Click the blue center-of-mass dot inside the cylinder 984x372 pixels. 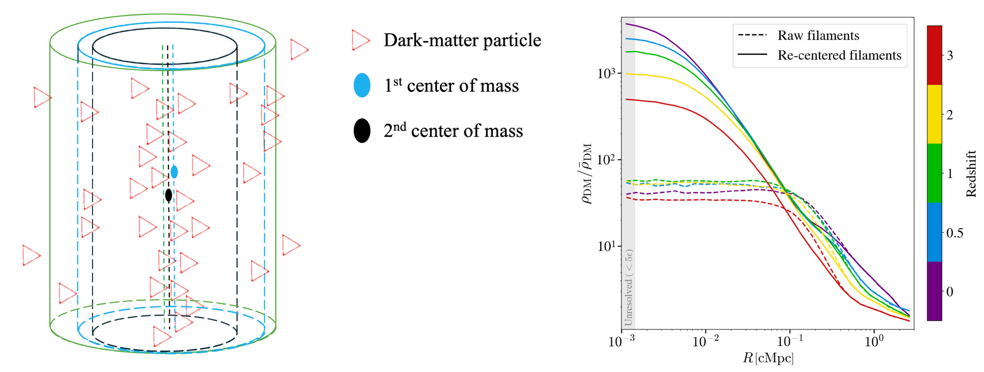point(174,172)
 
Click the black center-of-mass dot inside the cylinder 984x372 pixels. point(168,195)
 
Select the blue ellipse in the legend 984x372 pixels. point(362,85)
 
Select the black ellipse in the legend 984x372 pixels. point(362,131)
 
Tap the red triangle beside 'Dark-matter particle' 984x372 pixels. point(360,40)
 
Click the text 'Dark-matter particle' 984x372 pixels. point(462,40)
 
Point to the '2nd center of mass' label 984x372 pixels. point(453,131)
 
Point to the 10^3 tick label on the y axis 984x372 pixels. point(607,73)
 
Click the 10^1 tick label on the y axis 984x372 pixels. point(607,246)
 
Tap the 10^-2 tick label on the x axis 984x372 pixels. point(705,341)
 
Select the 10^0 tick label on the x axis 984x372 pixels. point(873,341)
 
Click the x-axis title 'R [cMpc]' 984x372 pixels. point(768,358)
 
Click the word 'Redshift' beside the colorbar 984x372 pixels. point(971,173)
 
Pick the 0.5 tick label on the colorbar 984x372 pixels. point(955,233)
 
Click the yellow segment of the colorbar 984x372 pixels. point(934,114)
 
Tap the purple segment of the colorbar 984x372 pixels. point(934,291)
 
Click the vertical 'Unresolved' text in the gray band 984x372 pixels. point(628,288)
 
